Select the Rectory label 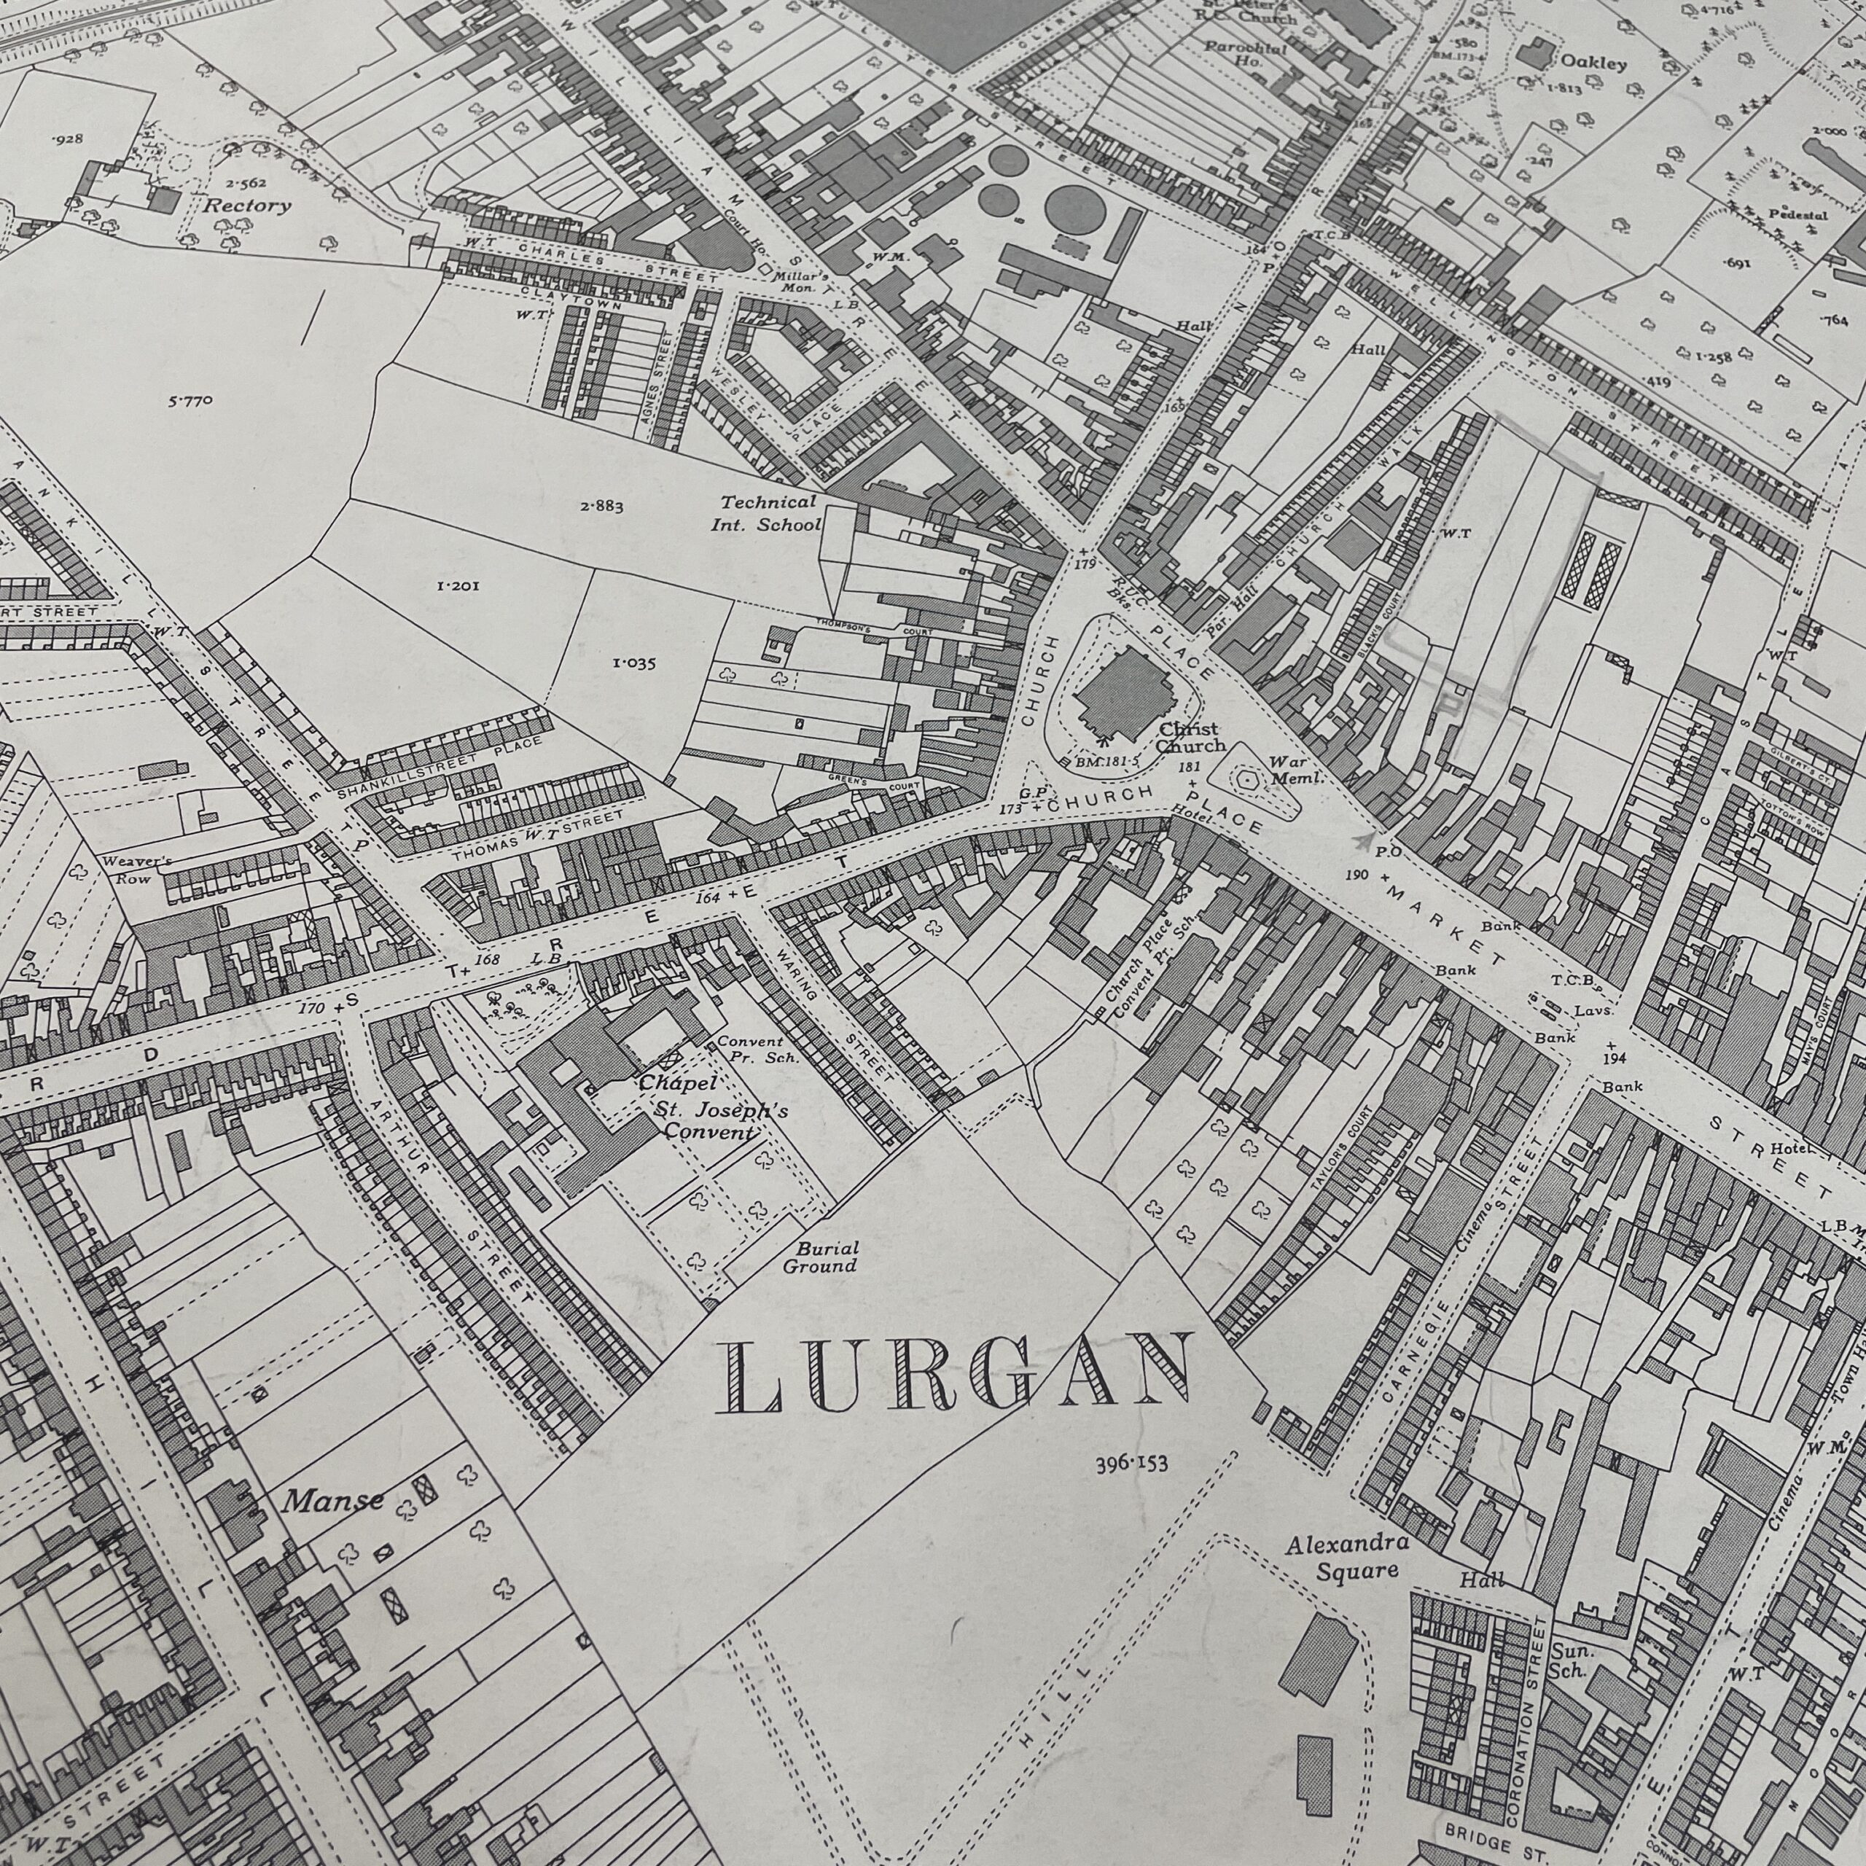(246, 206)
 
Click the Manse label (332, 1501)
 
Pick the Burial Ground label (820, 1257)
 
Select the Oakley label (1593, 63)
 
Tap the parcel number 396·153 (1132, 1463)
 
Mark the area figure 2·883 (602, 505)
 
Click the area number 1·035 (633, 663)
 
